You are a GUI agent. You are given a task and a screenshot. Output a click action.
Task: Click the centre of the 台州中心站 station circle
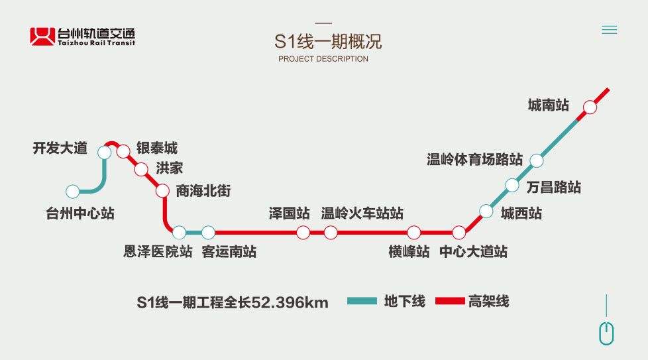[73, 192]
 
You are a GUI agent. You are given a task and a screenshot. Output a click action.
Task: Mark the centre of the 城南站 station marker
[590, 107]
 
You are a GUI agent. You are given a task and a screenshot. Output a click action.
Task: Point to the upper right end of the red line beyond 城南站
[608, 89]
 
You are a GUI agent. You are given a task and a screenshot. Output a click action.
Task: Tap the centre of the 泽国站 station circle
[303, 233]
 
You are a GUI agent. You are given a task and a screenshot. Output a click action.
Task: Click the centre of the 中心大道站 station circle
[459, 233]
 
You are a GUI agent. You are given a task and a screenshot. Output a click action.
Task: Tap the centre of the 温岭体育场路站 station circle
[537, 160]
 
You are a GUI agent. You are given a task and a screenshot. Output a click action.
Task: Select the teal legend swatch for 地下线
[362, 301]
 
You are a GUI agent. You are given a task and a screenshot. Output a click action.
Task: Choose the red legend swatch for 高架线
[450, 301]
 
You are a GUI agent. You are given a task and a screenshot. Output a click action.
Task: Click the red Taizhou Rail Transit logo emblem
[42, 36]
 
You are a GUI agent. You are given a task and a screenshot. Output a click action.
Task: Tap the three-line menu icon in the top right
[609, 30]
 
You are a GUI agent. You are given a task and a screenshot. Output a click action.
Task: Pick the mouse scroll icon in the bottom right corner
[607, 333]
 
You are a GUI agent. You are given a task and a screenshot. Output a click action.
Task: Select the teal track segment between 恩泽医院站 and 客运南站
[193, 233]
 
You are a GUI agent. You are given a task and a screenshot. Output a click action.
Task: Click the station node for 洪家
[141, 170]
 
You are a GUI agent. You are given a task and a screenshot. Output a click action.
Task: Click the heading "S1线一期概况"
[328, 41]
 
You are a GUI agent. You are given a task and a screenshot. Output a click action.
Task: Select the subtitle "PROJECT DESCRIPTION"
[323, 59]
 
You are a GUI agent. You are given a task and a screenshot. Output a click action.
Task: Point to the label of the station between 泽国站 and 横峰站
[362, 213]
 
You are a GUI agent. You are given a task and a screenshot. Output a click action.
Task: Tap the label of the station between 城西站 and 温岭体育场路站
[554, 187]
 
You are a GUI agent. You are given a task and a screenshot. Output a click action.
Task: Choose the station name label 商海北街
[203, 191]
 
